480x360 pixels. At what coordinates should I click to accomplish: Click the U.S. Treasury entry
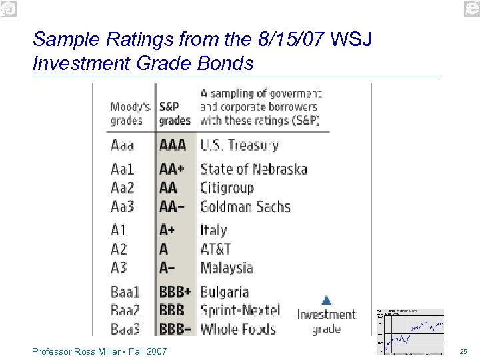[x=239, y=145]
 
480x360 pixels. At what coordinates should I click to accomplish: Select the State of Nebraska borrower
[x=253, y=169]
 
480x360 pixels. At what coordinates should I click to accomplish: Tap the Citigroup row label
[x=227, y=188]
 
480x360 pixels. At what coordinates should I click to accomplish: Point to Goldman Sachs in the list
[x=245, y=207]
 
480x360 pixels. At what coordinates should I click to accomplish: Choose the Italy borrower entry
[x=213, y=231]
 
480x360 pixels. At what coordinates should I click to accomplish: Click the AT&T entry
[x=215, y=249]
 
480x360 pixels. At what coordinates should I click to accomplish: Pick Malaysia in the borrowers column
[x=226, y=268]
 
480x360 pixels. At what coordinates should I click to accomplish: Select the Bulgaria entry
[x=224, y=292]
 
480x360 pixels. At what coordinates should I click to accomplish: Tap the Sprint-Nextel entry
[x=239, y=311]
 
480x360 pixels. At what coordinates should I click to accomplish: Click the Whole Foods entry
[x=237, y=329]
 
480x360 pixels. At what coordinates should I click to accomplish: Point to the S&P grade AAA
[x=173, y=145]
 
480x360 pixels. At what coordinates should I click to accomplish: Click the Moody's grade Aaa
[x=122, y=145]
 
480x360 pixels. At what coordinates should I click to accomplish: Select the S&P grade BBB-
[x=174, y=329]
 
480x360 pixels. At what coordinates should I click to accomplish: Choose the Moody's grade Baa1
[x=125, y=292]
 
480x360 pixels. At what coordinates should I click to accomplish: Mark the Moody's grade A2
[x=119, y=249]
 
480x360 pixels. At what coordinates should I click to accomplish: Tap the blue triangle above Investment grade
[x=326, y=300]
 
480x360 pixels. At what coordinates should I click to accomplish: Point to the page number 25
[x=463, y=351]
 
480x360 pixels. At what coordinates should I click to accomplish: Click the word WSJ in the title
[x=351, y=40]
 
